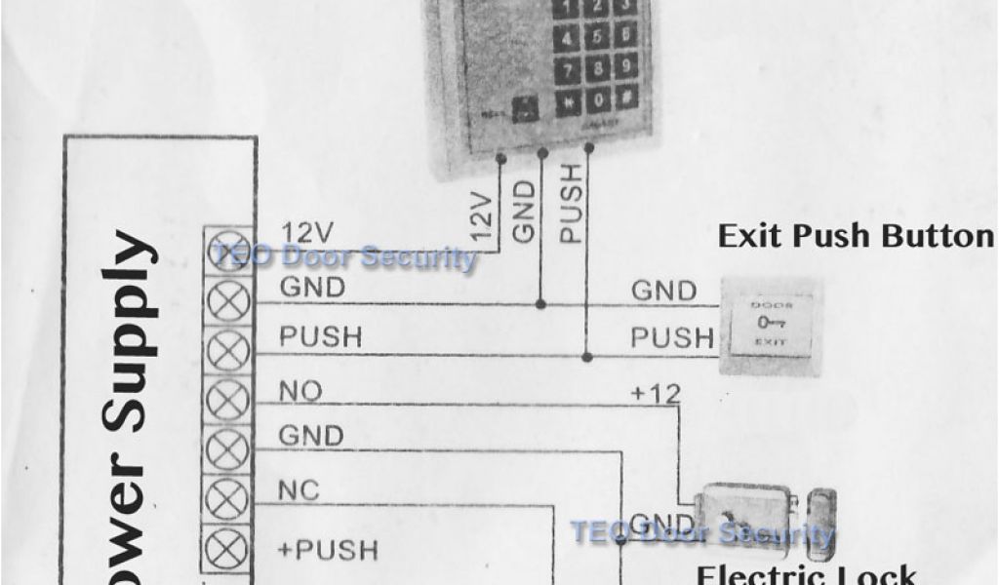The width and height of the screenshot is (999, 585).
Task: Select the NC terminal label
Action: click(x=299, y=490)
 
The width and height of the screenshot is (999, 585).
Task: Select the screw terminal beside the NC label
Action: click(x=229, y=503)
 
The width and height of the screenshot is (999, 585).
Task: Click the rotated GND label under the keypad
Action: click(x=525, y=211)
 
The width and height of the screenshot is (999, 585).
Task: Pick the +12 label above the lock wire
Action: click(x=655, y=393)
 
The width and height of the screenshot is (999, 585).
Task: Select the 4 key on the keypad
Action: click(x=568, y=39)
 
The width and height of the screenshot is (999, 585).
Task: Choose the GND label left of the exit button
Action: click(x=664, y=291)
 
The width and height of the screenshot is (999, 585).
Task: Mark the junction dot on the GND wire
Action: click(x=541, y=304)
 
